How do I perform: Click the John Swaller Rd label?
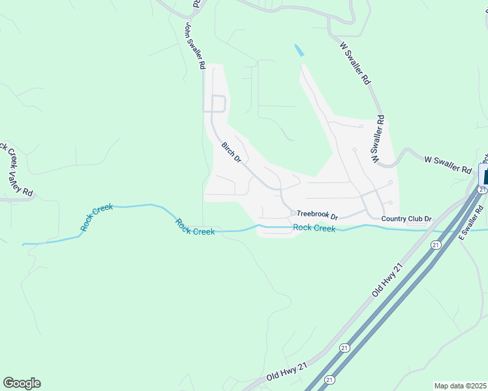pyautogui.click(x=196, y=46)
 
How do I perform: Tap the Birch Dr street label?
pyautogui.click(x=231, y=152)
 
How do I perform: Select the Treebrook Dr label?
pyautogui.click(x=317, y=215)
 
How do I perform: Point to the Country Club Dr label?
pyautogui.click(x=407, y=219)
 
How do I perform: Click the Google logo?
pyautogui.click(x=22, y=383)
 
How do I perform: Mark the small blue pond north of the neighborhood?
pyautogui.click(x=299, y=50)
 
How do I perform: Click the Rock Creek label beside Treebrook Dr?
pyautogui.click(x=314, y=228)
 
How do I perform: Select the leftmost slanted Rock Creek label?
pyautogui.click(x=97, y=218)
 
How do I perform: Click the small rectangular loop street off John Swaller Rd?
pyautogui.click(x=218, y=104)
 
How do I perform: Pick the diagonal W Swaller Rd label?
pyautogui.click(x=356, y=63)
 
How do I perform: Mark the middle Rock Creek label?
pyautogui.click(x=194, y=227)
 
